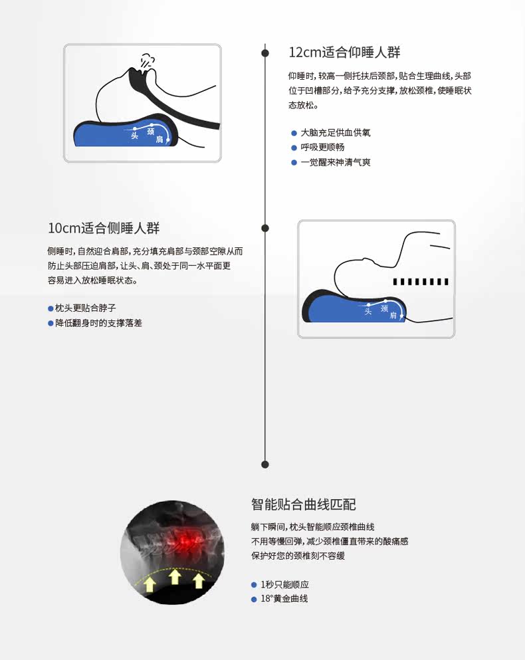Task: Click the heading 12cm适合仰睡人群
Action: click(x=344, y=53)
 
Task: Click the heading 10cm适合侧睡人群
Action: click(x=104, y=229)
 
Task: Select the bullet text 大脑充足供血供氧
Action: click(x=336, y=133)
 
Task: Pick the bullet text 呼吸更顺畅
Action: click(x=323, y=148)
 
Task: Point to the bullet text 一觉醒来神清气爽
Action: click(x=336, y=162)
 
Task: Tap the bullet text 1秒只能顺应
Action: click(x=284, y=585)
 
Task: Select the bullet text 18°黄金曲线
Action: click(x=284, y=599)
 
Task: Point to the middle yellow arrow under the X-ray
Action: click(x=175, y=576)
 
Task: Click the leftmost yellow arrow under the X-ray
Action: click(x=150, y=584)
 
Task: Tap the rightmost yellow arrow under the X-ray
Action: click(x=198, y=581)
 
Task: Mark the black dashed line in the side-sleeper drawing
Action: click(x=421, y=282)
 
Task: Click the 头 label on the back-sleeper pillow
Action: click(x=135, y=136)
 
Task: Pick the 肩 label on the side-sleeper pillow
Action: click(x=393, y=316)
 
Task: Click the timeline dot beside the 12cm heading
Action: click(x=265, y=53)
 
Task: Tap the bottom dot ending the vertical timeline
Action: click(x=265, y=464)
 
